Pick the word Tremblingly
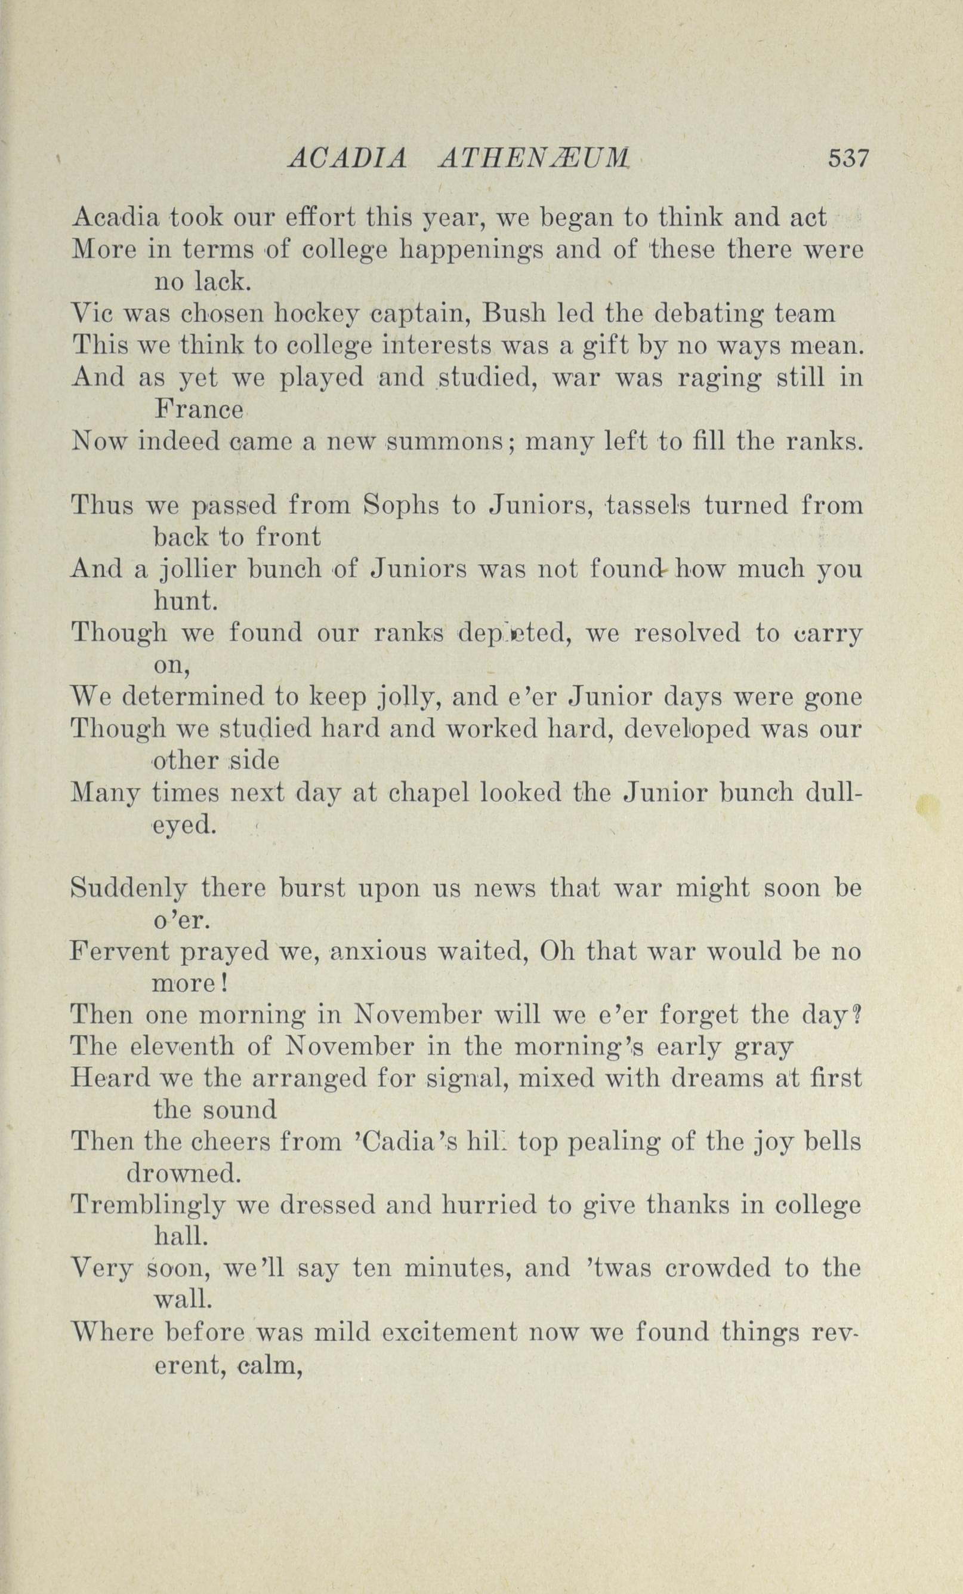[148, 1206]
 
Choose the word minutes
[457, 1269]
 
